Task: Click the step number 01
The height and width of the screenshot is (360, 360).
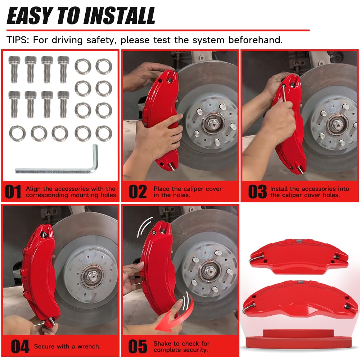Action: (x=13, y=192)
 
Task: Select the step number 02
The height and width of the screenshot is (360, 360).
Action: (x=138, y=192)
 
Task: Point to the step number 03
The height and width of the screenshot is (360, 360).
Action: (x=257, y=192)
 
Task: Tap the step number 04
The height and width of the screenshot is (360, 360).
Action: (x=20, y=347)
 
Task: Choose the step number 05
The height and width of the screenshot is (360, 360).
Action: (x=138, y=347)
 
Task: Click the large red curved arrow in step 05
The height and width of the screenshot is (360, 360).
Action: (x=169, y=317)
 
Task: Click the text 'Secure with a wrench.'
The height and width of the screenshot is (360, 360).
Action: (x=67, y=347)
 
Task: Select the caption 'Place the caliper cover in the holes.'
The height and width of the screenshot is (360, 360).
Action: (x=187, y=192)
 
